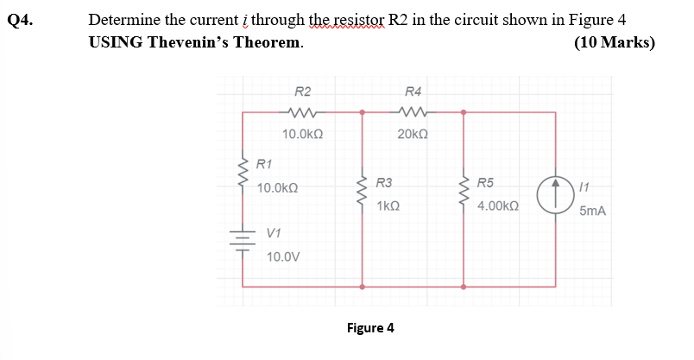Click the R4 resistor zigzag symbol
pos(413,111)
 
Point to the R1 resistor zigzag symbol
pos(242,173)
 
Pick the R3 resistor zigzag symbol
pos(362,193)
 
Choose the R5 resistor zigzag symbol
pos(464,193)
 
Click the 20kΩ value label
pos(413,134)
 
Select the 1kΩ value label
pos(388,207)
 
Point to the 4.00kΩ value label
pos(497,207)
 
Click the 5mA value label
pos(592,211)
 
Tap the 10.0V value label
pos(283,256)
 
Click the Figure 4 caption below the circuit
pos(369,328)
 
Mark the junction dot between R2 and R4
pos(362,111)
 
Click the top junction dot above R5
pos(464,111)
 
